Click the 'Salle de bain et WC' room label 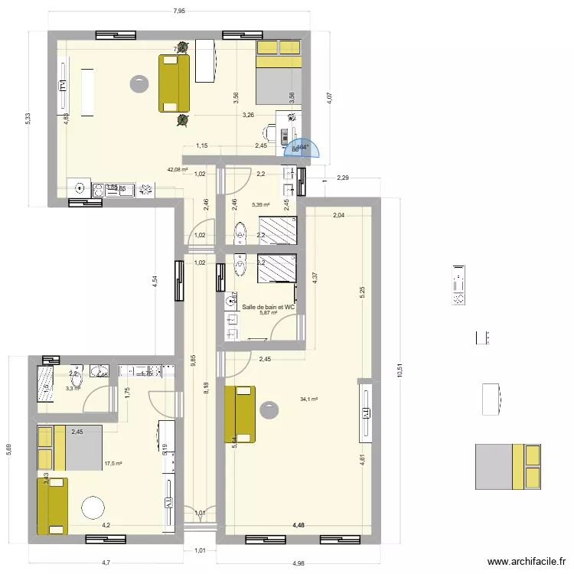click(x=268, y=307)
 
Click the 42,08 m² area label click(x=178, y=170)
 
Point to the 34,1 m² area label click(x=309, y=399)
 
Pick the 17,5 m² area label click(x=113, y=463)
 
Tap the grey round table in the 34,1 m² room click(x=269, y=411)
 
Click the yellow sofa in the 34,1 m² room click(x=240, y=415)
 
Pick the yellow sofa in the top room click(x=174, y=83)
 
